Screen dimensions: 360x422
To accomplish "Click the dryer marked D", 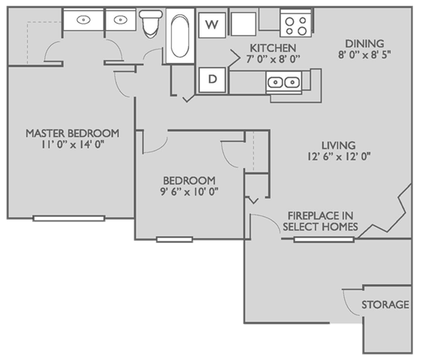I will coord(212,79).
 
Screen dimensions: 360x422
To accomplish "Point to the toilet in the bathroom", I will coord(152,24).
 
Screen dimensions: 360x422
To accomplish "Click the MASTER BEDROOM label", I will coord(73,133).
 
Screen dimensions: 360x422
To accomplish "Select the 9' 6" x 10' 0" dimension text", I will coord(189,193).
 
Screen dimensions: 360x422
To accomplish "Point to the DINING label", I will coord(365,43).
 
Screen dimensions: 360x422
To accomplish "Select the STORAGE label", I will coord(385,305).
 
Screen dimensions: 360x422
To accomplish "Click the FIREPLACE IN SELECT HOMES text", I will coord(319,220).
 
